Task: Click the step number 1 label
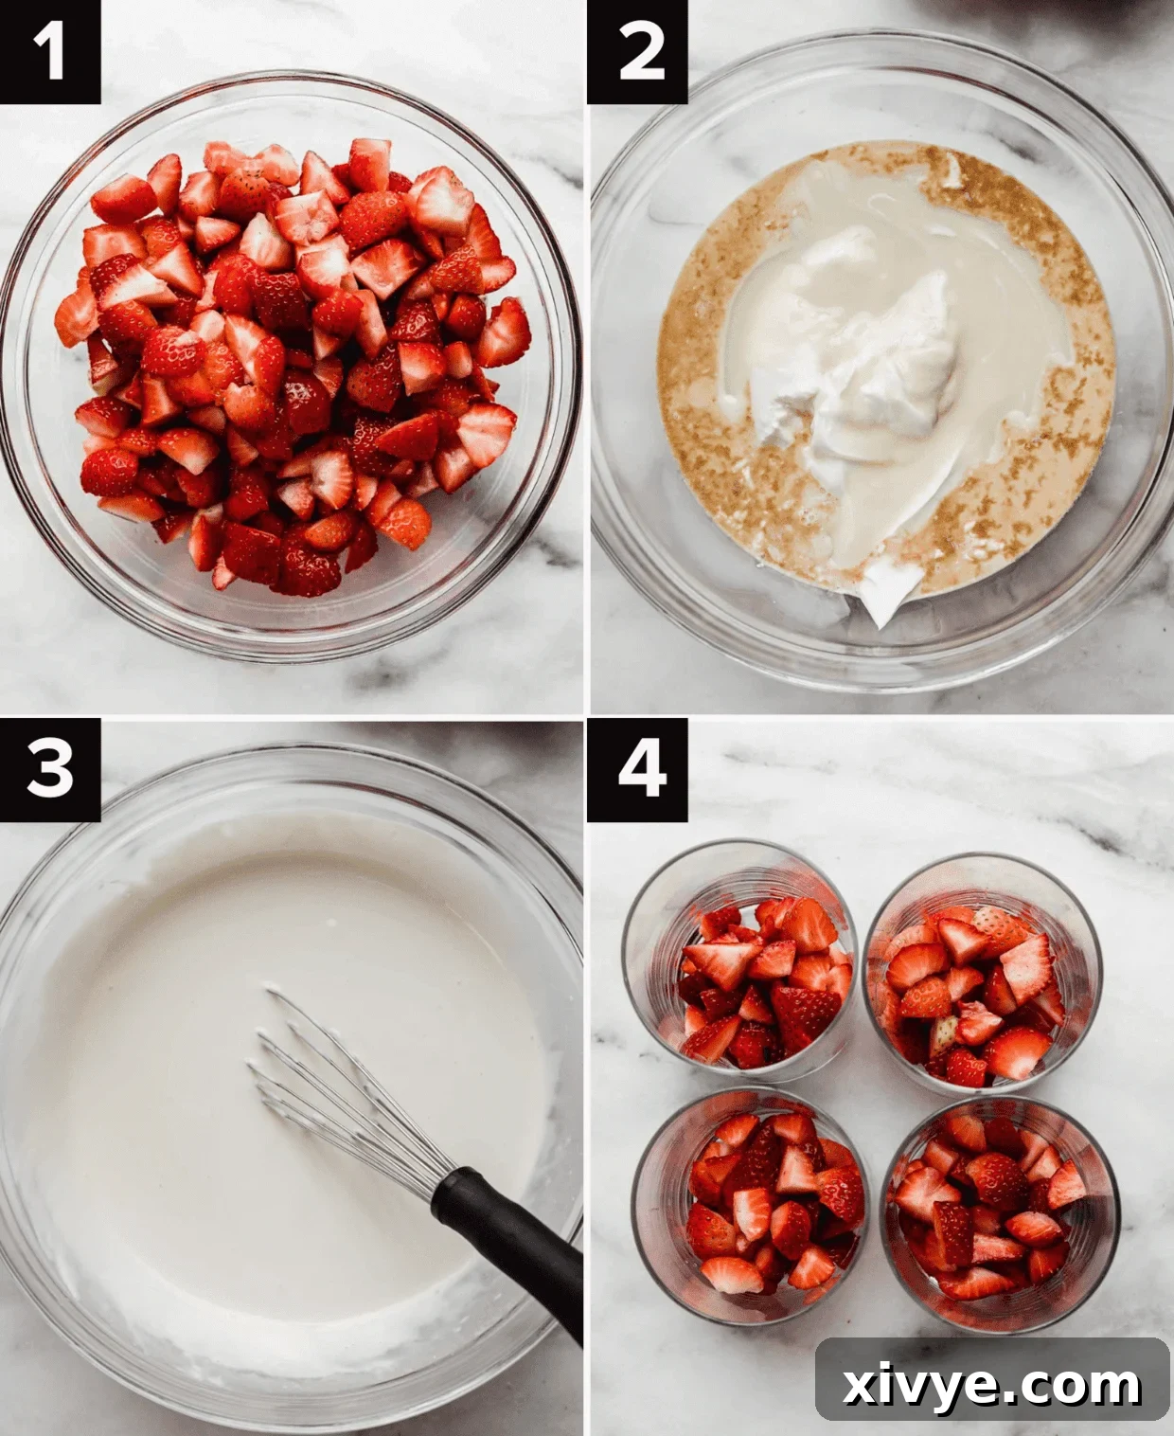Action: pos(49,51)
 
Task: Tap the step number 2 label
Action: pos(638,51)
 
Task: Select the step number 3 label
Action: pos(49,769)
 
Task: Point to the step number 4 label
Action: pos(638,769)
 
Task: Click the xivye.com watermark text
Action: pos(992,1385)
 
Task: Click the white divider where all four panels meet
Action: pos(587,716)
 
